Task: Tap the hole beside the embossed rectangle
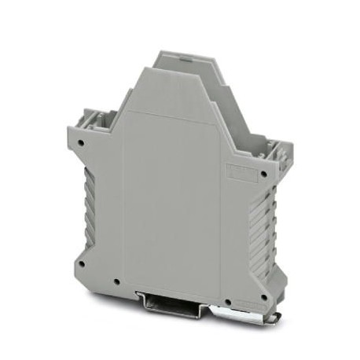263,174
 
